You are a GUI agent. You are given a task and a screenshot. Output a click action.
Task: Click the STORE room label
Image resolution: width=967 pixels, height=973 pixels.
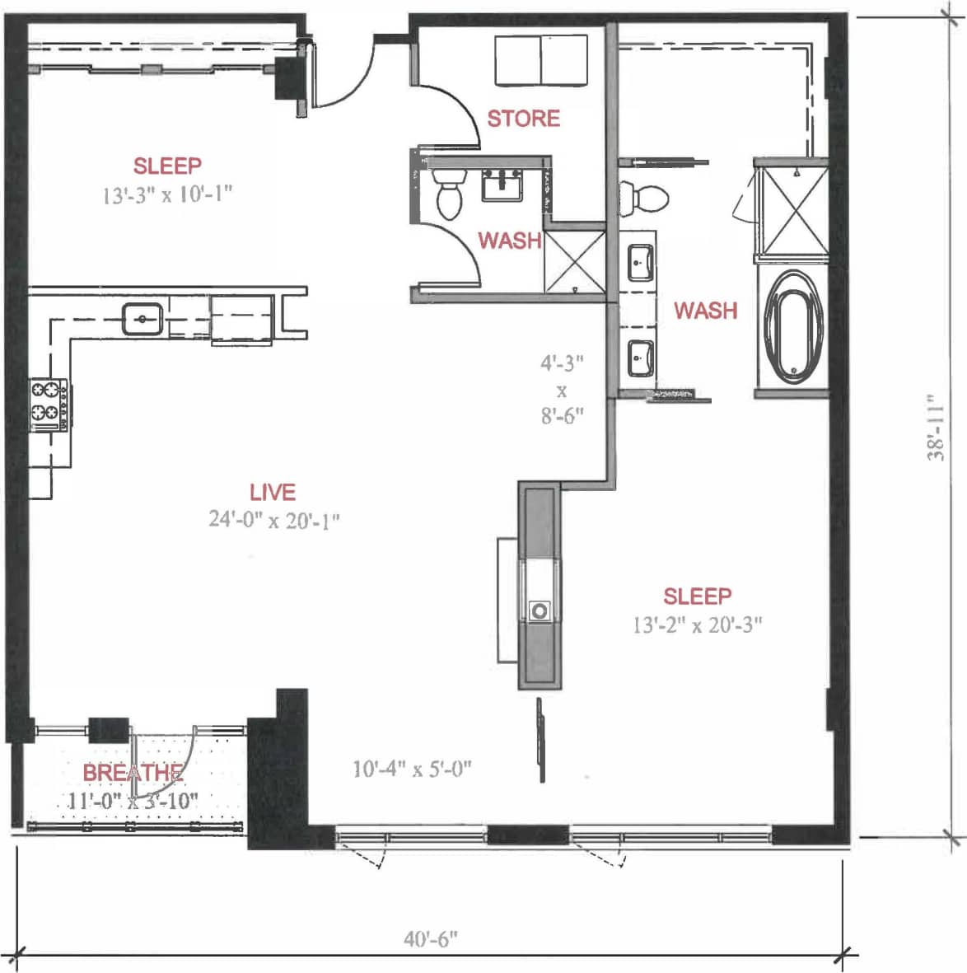[523, 119]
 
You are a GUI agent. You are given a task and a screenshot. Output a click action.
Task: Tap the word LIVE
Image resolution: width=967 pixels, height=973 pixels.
[273, 492]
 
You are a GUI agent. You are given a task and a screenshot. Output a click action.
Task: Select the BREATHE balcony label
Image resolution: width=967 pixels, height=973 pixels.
[132, 773]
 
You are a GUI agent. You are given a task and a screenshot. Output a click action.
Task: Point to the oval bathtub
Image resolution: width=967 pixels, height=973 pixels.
[792, 326]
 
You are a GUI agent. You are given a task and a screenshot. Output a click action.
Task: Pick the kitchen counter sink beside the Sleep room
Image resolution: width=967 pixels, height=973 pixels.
[143, 318]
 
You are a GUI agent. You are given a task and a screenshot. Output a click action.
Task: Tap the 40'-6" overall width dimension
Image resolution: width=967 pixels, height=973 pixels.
[430, 939]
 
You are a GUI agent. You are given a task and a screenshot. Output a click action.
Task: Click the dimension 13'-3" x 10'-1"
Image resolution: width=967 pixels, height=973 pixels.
[167, 195]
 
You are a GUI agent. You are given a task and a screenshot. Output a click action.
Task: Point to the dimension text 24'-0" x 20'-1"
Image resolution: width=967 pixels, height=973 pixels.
[273, 520]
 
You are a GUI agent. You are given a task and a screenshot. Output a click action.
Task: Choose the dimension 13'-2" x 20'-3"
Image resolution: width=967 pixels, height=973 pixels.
[697, 624]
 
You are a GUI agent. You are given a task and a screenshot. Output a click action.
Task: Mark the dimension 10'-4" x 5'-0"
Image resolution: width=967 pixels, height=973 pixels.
[412, 769]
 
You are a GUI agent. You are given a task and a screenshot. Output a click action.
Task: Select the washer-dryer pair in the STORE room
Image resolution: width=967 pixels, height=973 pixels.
[541, 59]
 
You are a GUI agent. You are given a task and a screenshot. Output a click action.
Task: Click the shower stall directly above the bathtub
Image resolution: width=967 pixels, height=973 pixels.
[792, 209]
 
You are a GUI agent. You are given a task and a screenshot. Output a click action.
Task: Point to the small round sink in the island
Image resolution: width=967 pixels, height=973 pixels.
[540, 610]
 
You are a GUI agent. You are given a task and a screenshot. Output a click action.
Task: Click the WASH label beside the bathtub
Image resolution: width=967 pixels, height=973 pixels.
[705, 311]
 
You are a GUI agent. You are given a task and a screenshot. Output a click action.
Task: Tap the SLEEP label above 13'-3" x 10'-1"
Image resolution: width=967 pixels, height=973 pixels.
[167, 166]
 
